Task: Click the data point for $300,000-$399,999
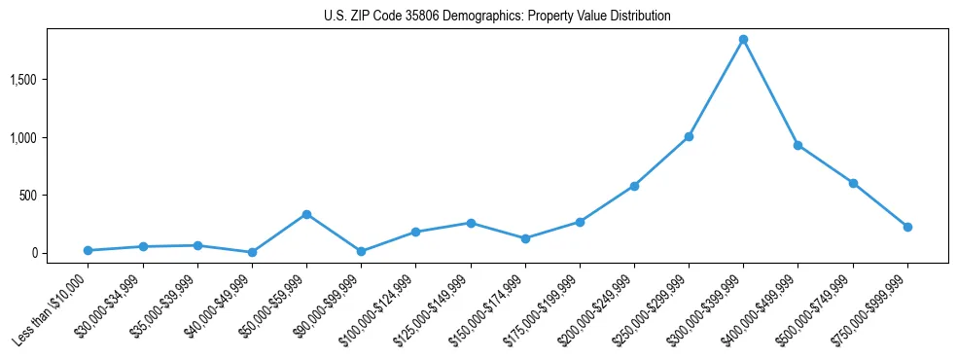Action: point(743,40)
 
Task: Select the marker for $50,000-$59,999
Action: point(306,214)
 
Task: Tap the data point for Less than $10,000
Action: point(88,250)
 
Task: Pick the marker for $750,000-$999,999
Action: point(907,227)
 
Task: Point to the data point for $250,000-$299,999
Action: point(689,137)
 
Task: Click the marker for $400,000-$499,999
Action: point(797,145)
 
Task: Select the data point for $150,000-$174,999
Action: point(525,238)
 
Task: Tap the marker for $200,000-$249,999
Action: point(634,186)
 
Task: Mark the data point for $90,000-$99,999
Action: point(361,251)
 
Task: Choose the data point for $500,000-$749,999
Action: point(853,183)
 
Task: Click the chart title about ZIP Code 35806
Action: point(497,17)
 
